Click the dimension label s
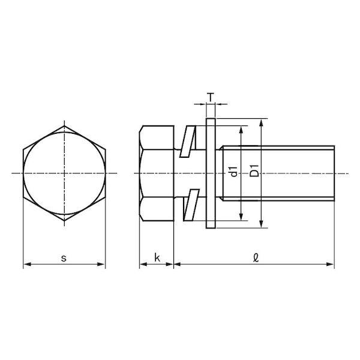click(x=64, y=258)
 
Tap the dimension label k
click(x=157, y=257)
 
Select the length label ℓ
click(x=256, y=257)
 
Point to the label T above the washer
click(x=211, y=97)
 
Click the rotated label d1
click(x=233, y=172)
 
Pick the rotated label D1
click(x=254, y=171)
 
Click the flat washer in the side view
click(x=211, y=173)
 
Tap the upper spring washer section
click(x=188, y=142)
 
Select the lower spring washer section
click(x=191, y=205)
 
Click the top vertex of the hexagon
click(x=64, y=126)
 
